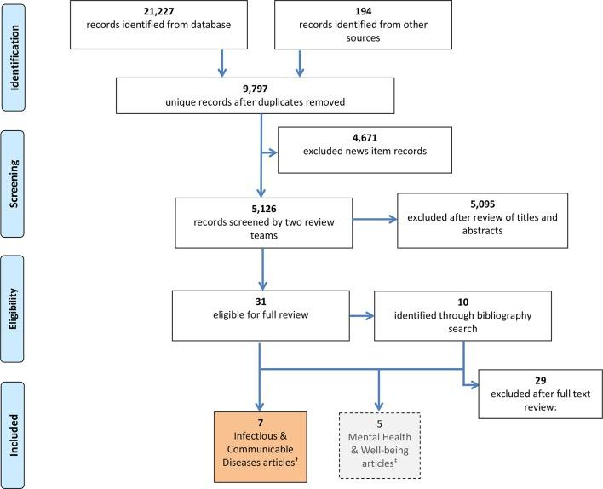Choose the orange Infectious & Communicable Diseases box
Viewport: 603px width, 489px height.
[x=258, y=440]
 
